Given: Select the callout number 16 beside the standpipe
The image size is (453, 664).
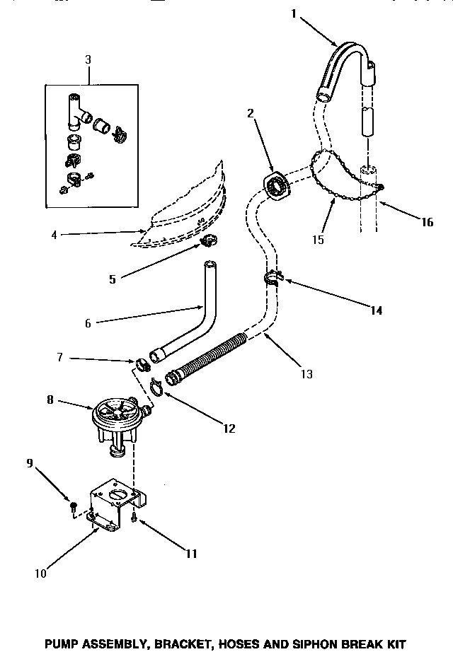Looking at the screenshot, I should click(426, 222).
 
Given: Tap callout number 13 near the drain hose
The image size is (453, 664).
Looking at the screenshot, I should click(306, 374).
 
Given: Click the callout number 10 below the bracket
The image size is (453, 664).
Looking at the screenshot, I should click(40, 573).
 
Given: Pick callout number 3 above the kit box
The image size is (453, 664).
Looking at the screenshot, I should click(88, 60).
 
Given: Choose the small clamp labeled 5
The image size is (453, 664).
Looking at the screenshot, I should click(207, 243).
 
